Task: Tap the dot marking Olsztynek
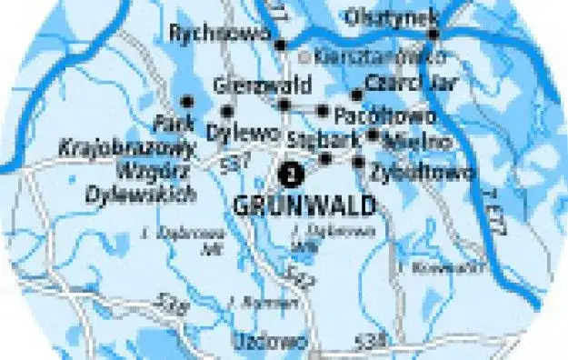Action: click(x=433, y=35)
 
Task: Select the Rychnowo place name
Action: click(x=220, y=33)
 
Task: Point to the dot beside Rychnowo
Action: click(x=280, y=44)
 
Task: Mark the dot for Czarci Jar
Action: click(x=357, y=95)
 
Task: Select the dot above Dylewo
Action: click(x=227, y=111)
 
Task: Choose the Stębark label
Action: click(x=309, y=140)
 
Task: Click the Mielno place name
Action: click(x=418, y=142)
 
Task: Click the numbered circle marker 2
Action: click(x=290, y=170)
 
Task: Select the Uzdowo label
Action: click(x=257, y=342)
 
